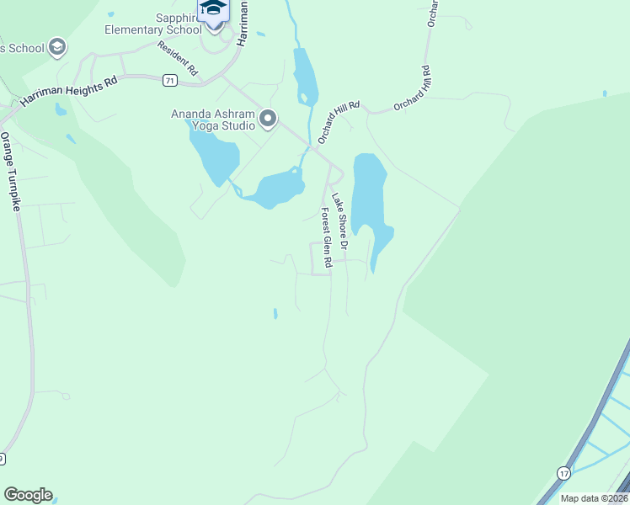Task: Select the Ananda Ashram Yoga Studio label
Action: (213, 120)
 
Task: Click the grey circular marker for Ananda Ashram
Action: (268, 119)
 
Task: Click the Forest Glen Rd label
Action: (327, 238)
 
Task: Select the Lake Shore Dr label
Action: (339, 222)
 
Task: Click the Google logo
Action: (28, 495)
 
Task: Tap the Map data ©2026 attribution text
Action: (593, 498)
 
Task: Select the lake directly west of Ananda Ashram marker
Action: (214, 152)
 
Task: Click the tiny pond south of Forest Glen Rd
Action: (275, 314)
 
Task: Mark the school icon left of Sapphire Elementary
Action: (57, 46)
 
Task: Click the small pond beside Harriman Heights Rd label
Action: (60, 109)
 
